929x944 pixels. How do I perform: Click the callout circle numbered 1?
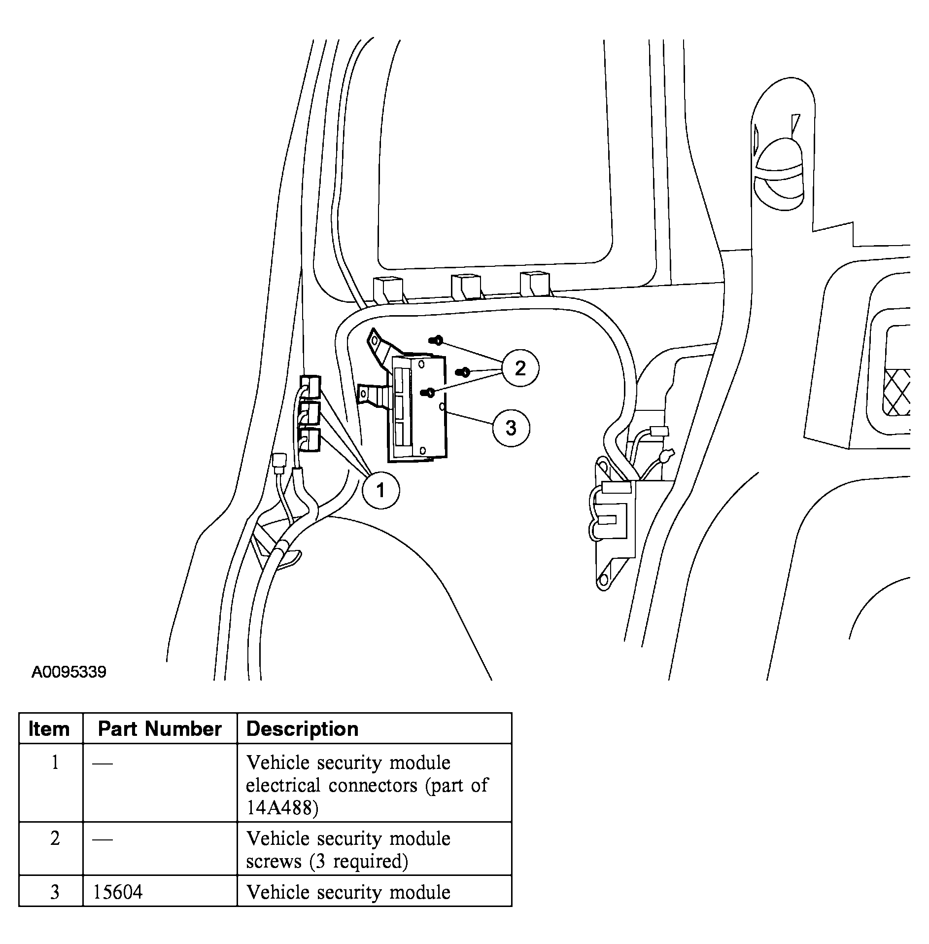click(380, 490)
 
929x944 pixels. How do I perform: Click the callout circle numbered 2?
click(520, 368)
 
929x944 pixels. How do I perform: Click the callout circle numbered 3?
click(511, 428)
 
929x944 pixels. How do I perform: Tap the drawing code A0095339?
click(69, 672)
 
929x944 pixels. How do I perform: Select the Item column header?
click(49, 729)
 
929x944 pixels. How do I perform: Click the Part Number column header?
click(160, 729)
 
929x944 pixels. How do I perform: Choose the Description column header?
click(302, 729)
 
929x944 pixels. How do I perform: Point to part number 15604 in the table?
click(118, 892)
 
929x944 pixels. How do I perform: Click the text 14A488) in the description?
click(282, 808)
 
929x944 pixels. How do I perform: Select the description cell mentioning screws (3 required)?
click(348, 850)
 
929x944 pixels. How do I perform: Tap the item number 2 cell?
click(55, 838)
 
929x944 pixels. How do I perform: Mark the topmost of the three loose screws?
click(436, 340)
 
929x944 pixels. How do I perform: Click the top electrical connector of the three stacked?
click(310, 386)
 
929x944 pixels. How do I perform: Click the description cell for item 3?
click(348, 892)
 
